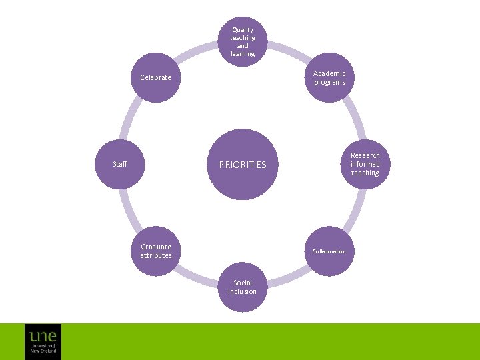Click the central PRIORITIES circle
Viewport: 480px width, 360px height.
243,164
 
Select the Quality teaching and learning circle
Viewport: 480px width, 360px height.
243,41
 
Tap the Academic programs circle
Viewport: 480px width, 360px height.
329,77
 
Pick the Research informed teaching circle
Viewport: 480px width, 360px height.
365,164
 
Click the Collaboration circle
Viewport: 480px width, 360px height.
329,251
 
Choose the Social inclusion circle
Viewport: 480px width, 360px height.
243,287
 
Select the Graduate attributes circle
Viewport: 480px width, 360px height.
156,251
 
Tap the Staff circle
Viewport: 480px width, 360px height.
120,164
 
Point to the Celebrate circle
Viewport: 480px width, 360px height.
156,77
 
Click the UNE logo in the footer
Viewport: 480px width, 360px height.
43,341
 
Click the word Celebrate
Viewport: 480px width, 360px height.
155,77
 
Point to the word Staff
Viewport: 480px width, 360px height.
120,164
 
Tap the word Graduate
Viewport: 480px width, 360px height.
155,247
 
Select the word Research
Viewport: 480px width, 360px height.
365,155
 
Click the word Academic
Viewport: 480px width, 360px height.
330,73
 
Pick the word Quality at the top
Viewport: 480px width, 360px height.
243,30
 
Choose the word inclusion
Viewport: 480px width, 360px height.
242,291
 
